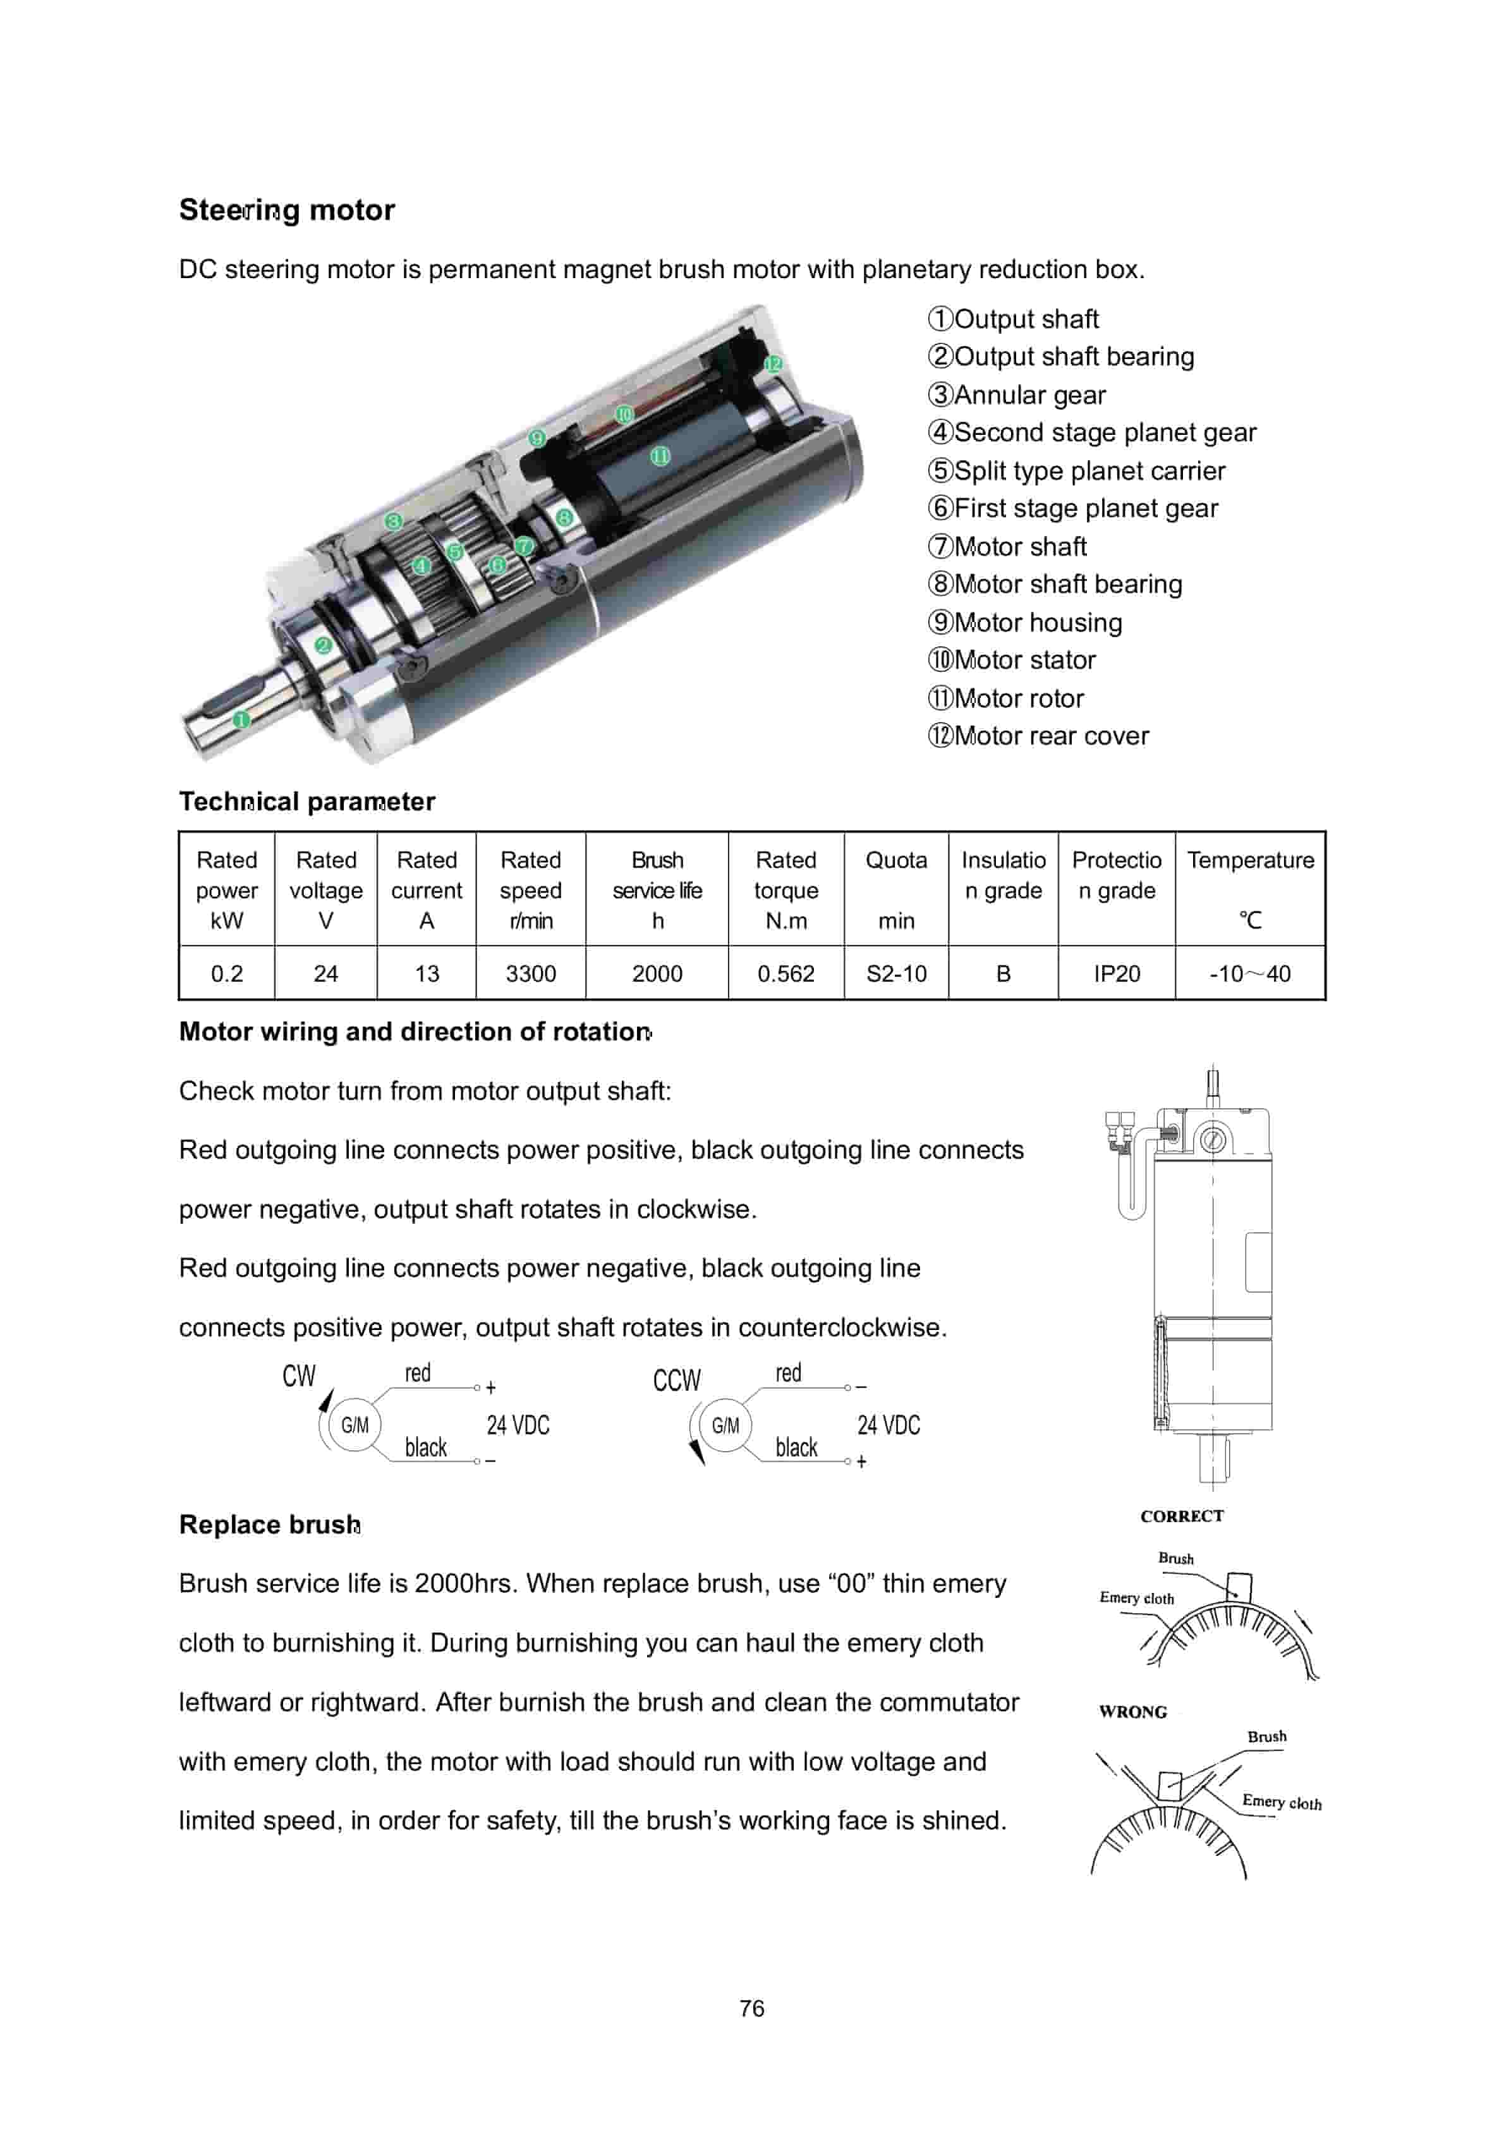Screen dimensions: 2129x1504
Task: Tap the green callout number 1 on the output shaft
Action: tap(241, 719)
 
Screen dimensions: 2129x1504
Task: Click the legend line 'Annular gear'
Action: tap(1017, 395)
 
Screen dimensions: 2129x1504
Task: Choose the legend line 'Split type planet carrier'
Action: tap(1077, 471)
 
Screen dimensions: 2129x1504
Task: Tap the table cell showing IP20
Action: tap(1117, 973)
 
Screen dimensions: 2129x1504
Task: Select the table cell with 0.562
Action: tap(785, 973)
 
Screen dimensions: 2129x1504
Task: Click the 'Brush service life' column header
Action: tap(657, 889)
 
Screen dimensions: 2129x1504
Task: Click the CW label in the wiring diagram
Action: tap(298, 1376)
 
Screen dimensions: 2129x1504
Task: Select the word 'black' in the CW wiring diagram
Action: tap(426, 1448)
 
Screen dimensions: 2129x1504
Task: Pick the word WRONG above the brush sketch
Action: tap(1132, 1712)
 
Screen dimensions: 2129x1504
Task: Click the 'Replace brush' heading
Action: tap(269, 1525)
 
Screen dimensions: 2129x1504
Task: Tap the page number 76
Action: tap(752, 2008)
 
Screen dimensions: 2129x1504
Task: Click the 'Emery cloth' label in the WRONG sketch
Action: tap(1282, 1802)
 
